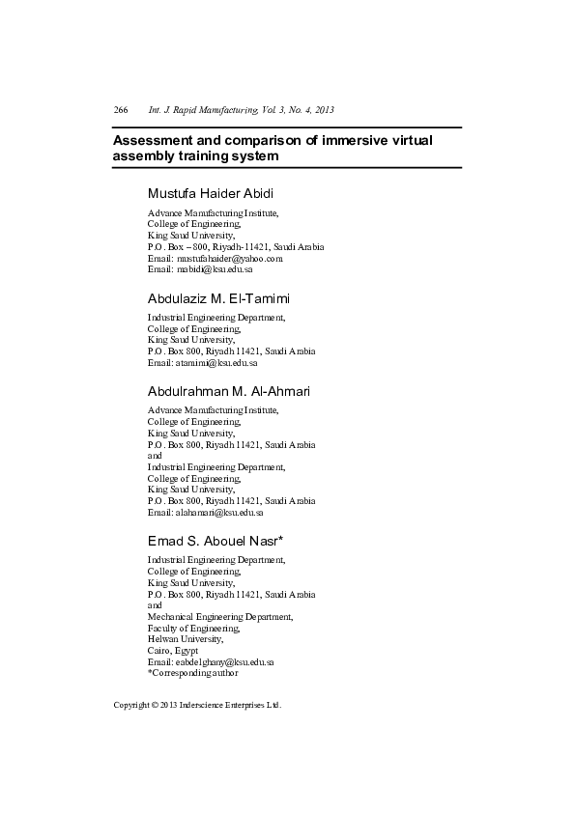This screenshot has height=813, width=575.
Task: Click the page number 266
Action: [121, 110]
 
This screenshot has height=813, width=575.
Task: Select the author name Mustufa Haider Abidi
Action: [211, 193]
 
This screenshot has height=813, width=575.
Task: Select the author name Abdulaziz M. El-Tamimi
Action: [218, 298]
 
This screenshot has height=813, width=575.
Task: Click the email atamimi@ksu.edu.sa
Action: [202, 363]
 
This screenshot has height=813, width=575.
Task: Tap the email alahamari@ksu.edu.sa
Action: [205, 513]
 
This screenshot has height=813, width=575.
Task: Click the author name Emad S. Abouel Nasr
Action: [215, 540]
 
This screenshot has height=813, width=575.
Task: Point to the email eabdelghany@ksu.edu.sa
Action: [211, 662]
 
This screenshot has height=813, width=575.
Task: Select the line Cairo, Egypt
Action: [172, 651]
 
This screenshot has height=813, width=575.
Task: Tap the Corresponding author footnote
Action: [193, 673]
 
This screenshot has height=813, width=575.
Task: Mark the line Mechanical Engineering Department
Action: [219, 616]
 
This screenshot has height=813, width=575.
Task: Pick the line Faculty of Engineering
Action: [193, 628]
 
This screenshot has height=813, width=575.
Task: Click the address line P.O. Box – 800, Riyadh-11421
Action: [236, 246]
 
